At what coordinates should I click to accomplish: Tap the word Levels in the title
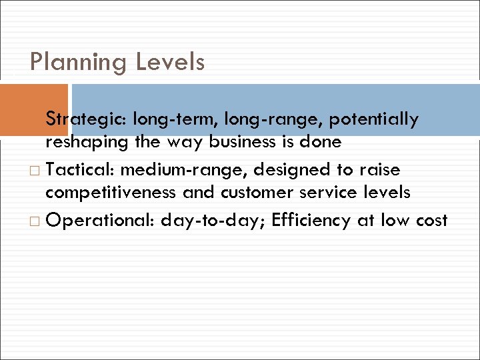[x=170, y=63]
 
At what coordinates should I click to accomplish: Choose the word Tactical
[x=81, y=170]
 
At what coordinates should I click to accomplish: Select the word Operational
[x=100, y=221]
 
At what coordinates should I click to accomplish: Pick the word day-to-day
[x=209, y=221]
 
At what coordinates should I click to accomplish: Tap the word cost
[x=429, y=221]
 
